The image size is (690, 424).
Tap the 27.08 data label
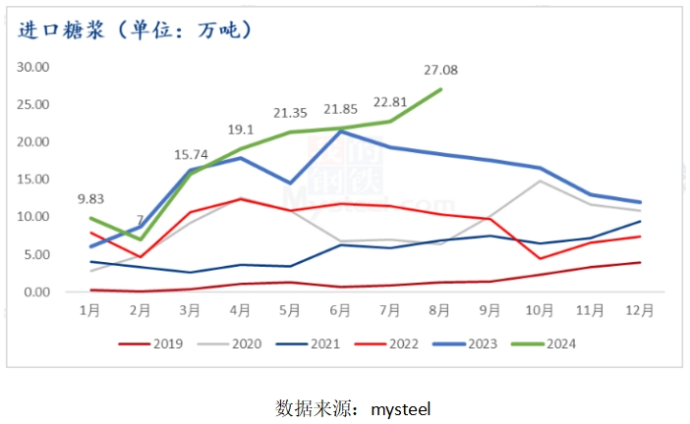click(440, 70)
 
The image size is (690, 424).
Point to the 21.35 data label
click(292, 113)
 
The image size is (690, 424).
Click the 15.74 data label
click(192, 153)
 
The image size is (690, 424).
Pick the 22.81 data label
click(391, 102)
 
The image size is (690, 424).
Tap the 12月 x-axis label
click(640, 311)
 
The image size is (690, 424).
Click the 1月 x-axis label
click(90, 311)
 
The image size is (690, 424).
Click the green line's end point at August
click(440, 89)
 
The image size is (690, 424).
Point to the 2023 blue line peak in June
click(341, 131)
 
